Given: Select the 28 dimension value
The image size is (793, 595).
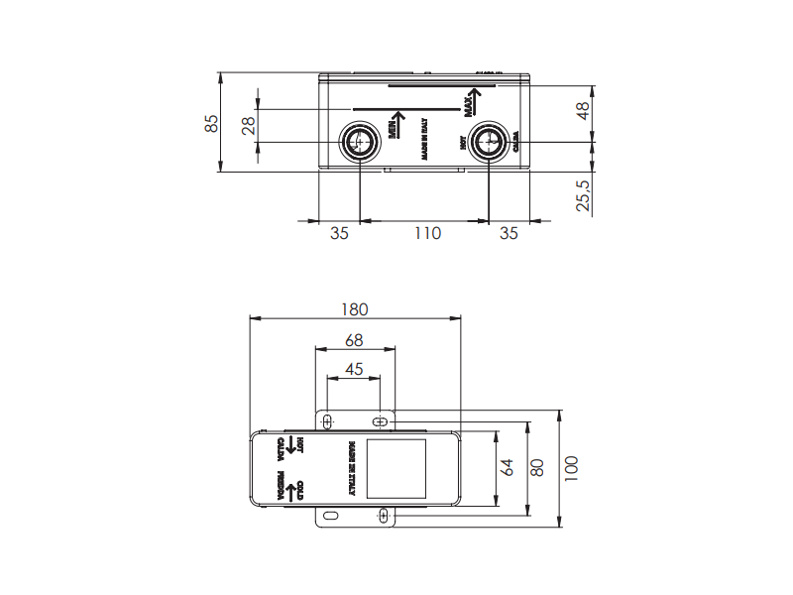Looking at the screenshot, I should click(248, 125).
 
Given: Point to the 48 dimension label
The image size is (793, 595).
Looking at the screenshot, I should click(584, 111).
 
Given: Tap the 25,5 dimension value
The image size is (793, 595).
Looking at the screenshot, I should click(584, 195).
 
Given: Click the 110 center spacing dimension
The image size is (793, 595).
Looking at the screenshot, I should click(426, 234).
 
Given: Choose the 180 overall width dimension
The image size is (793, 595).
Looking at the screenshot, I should click(355, 309).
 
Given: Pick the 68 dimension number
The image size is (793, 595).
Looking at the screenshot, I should click(354, 340).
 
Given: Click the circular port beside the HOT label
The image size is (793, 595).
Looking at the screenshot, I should click(488, 143).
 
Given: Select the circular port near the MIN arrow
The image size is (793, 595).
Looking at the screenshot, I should click(360, 143).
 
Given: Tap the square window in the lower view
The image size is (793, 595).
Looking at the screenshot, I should click(396, 467).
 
